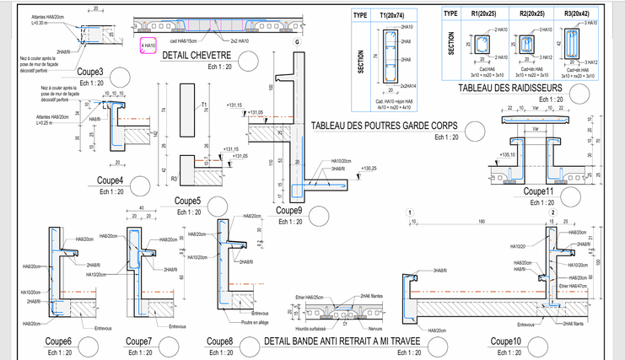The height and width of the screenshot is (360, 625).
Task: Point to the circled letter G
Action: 297,42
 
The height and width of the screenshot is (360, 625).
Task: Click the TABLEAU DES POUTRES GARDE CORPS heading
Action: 384,126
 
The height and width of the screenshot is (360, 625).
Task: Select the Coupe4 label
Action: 110,180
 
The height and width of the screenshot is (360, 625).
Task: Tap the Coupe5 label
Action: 186,201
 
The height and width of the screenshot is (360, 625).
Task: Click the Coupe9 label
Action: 288,210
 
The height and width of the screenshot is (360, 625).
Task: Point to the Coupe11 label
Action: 537,191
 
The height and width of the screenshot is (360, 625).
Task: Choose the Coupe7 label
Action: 138,341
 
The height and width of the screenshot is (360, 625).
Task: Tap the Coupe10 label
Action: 506,341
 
